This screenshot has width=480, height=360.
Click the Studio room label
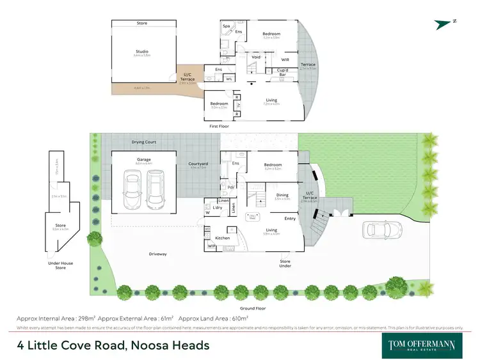[x=141, y=53]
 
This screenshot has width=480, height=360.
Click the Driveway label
[x=158, y=254]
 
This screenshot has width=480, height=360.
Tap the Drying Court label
[x=144, y=142]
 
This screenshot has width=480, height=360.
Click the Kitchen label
[x=222, y=238]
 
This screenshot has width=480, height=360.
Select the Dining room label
[x=282, y=195]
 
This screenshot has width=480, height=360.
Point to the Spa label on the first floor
[x=226, y=26]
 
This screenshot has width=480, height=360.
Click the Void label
[x=256, y=56]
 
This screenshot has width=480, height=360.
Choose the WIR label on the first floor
[x=285, y=60]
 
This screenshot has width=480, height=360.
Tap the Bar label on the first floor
[x=282, y=75]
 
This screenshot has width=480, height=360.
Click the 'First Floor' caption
[x=219, y=127]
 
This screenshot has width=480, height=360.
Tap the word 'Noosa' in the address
[x=136, y=346]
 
